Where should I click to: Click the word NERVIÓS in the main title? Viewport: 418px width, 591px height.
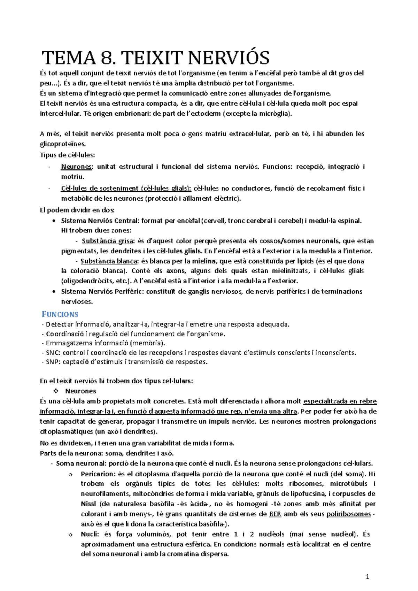(x=229, y=58)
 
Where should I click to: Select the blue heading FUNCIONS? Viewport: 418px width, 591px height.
(x=60, y=314)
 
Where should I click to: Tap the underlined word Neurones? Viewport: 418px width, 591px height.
(x=76, y=167)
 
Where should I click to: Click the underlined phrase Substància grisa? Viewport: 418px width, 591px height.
(x=108, y=241)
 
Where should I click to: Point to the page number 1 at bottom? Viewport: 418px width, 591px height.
(x=367, y=577)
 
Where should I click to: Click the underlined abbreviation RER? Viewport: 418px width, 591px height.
(x=275, y=514)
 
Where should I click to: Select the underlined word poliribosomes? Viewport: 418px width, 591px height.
(x=348, y=514)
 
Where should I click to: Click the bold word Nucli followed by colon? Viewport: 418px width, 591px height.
(x=89, y=534)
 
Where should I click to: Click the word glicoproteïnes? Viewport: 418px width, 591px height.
(x=63, y=144)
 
